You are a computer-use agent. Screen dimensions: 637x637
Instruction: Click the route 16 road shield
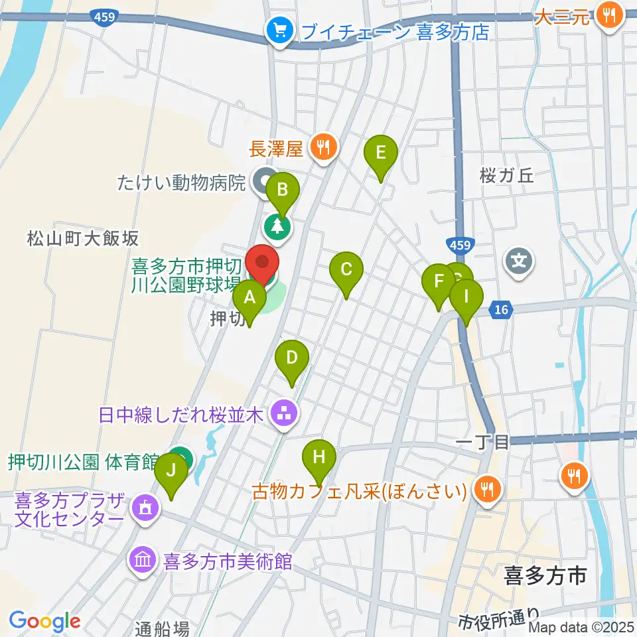[x=500, y=309]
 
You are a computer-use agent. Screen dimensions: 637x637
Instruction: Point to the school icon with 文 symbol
[x=519, y=259]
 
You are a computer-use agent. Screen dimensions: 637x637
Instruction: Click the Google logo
[x=44, y=621]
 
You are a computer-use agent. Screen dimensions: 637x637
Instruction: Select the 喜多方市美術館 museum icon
[x=143, y=561]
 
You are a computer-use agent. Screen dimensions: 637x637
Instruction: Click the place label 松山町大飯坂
[x=83, y=238]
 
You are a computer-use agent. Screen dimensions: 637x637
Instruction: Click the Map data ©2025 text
[x=582, y=626]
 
